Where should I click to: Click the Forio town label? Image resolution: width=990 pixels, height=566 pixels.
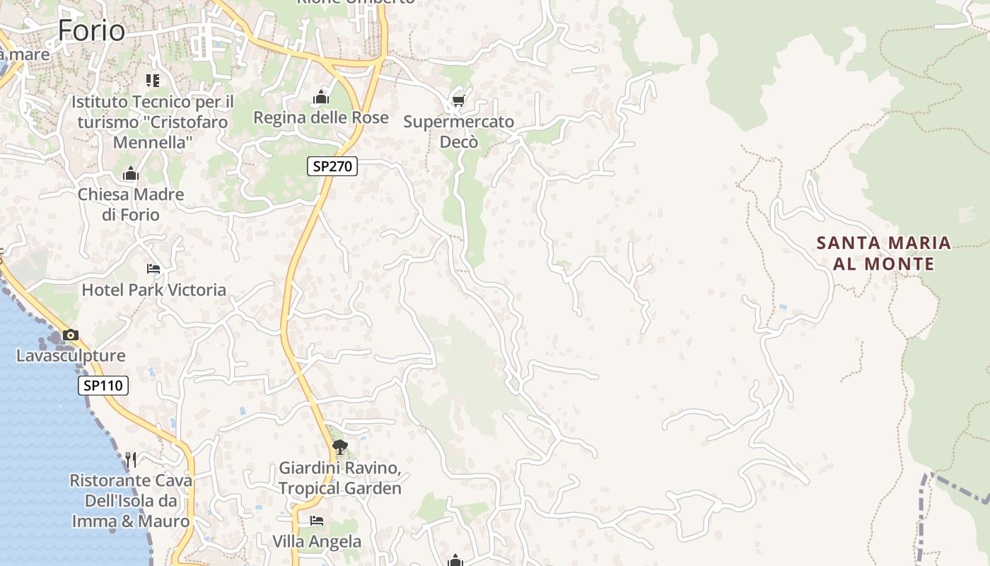click(91, 30)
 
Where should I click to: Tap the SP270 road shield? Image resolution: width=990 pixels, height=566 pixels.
click(332, 166)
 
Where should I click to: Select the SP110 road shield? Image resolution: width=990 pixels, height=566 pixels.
click(103, 386)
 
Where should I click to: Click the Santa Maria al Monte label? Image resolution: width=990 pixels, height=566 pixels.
click(884, 253)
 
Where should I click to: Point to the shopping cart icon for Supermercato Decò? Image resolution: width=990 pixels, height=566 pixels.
click(458, 100)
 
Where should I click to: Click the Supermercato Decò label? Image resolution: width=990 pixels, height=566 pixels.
click(459, 132)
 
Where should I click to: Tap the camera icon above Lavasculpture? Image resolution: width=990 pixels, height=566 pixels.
click(71, 335)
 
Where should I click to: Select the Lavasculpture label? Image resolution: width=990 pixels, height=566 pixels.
click(71, 356)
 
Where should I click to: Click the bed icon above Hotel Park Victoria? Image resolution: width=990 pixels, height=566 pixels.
click(153, 268)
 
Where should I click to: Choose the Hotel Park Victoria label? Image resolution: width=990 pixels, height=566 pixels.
click(153, 289)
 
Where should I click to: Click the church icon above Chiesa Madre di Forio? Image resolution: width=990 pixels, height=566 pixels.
click(130, 174)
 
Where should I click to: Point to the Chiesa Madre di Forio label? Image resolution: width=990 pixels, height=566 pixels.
click(131, 204)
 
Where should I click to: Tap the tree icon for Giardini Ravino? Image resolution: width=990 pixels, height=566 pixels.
click(340, 446)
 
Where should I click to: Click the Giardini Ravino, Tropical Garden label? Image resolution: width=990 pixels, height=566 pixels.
click(340, 478)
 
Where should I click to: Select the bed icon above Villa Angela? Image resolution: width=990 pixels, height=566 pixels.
click(317, 521)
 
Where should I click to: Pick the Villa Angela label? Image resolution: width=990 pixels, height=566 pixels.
click(317, 541)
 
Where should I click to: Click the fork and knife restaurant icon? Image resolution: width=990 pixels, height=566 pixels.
click(131, 460)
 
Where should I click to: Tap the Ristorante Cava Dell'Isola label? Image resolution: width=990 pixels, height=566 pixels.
click(131, 501)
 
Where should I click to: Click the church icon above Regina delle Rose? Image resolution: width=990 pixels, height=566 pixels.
click(321, 97)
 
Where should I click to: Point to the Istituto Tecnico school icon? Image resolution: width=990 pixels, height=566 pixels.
click(153, 81)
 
